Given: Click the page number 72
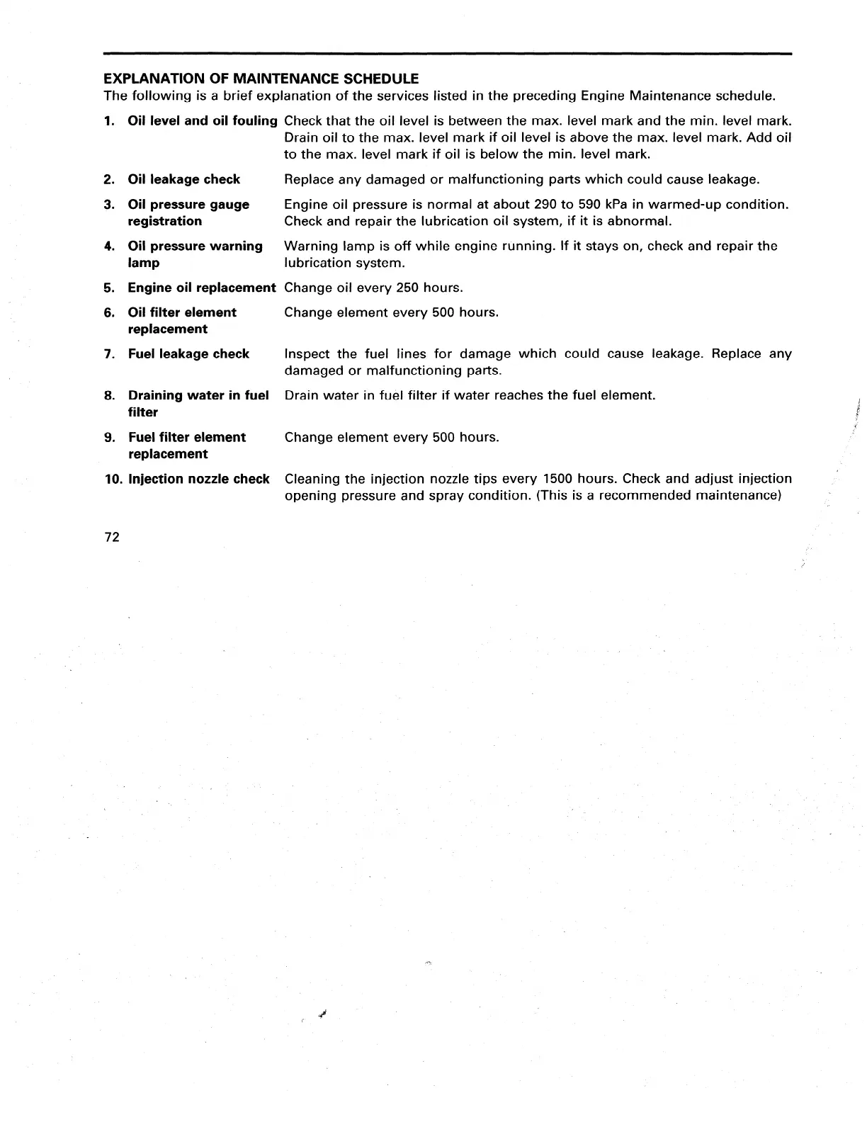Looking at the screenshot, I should pos(112,538).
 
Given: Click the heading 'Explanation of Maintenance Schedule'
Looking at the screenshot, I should pos(261,79).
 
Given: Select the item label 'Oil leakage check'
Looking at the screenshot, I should pos(183,180).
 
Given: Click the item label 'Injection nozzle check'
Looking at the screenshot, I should pos(198,480).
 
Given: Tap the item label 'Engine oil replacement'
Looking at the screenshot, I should pos(201,288).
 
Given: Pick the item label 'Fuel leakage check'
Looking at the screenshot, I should pos(188,354).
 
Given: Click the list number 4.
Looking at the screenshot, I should pos(109,246).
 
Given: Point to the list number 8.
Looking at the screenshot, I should pos(109,396).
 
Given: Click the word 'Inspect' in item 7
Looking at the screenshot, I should pos(307,354).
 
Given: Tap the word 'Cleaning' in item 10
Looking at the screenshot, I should pos(312,479).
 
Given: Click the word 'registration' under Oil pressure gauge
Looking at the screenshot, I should pos(164,222).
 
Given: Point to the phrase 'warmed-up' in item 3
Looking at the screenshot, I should pos(681,205).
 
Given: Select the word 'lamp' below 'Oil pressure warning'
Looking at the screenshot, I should pos(144,263).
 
